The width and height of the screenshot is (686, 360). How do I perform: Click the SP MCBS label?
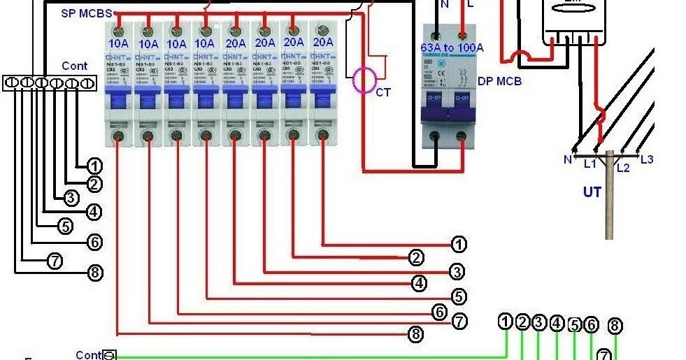click(x=87, y=13)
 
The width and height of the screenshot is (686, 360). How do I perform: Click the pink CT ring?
click(x=364, y=80)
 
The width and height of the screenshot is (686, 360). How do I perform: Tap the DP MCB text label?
click(x=499, y=81)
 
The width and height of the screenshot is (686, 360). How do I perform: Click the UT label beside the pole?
click(x=592, y=192)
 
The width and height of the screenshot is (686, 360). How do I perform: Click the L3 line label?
click(x=647, y=159)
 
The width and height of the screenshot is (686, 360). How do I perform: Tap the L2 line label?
click(x=623, y=168)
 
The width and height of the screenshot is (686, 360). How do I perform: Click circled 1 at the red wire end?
click(x=459, y=244)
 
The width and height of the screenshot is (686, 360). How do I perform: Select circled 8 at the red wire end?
click(x=416, y=334)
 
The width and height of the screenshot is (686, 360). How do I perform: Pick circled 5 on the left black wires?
click(x=64, y=226)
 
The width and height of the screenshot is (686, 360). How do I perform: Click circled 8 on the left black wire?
click(x=95, y=273)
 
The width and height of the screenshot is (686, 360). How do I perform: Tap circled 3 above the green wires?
click(x=539, y=322)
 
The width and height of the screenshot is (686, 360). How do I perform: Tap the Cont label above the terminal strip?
click(x=75, y=66)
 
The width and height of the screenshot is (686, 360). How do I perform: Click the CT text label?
click(x=383, y=92)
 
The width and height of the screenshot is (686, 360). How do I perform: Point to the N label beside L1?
click(x=567, y=159)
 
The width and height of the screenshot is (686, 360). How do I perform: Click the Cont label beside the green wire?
click(x=89, y=355)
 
